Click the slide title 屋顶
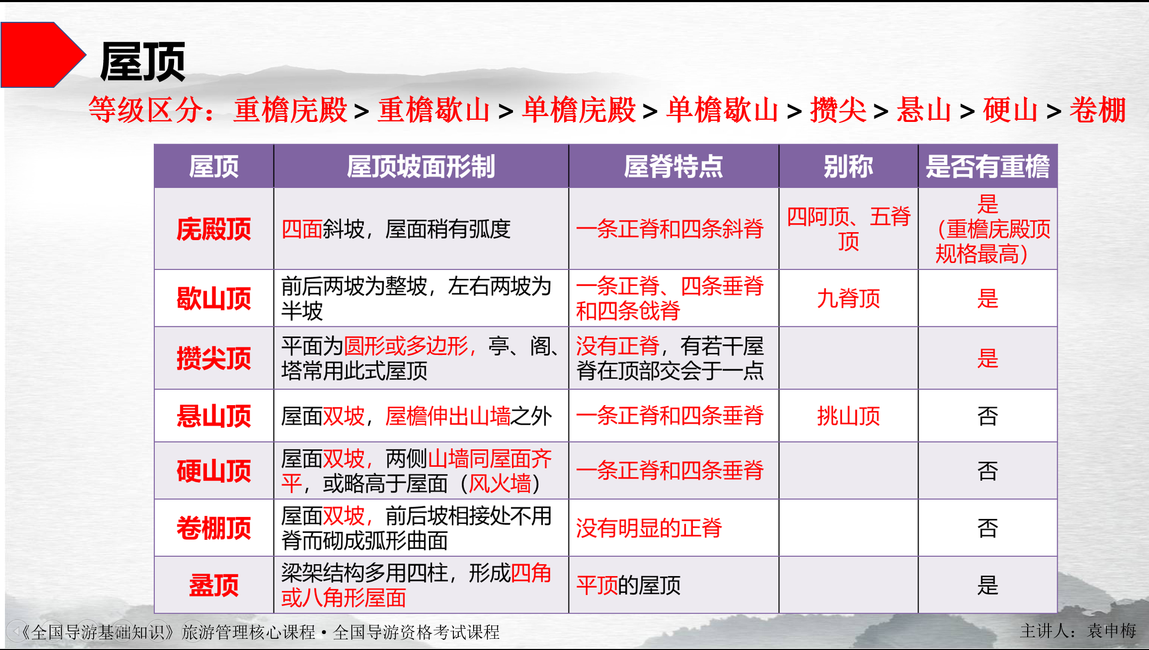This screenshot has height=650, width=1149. pos(142,62)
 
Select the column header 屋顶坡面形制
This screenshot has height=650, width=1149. pos(420,166)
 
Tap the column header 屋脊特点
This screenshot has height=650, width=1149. pos(673,166)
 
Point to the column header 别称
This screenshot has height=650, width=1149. pos(848,166)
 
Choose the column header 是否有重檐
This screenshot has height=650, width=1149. pos(987,166)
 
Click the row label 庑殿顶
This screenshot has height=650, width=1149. pos(213,229)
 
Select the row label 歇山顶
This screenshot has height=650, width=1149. pos(213,298)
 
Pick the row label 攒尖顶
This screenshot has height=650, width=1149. pos(213,358)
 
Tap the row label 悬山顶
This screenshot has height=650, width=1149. pos(213,416)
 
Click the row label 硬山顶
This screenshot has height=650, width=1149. pos(213,471)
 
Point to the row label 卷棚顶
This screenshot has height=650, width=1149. pos(213,528)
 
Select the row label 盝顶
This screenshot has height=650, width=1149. pos(213,585)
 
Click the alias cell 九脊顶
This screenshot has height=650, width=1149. pos(848,298)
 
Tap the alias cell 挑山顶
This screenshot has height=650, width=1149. pos(848,416)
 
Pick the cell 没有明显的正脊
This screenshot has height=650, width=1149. pos(649,528)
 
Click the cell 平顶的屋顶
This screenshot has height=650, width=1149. pos(629,585)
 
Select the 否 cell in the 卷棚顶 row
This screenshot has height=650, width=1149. pos(987,528)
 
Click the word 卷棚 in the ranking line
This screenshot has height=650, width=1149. pos(1097,110)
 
